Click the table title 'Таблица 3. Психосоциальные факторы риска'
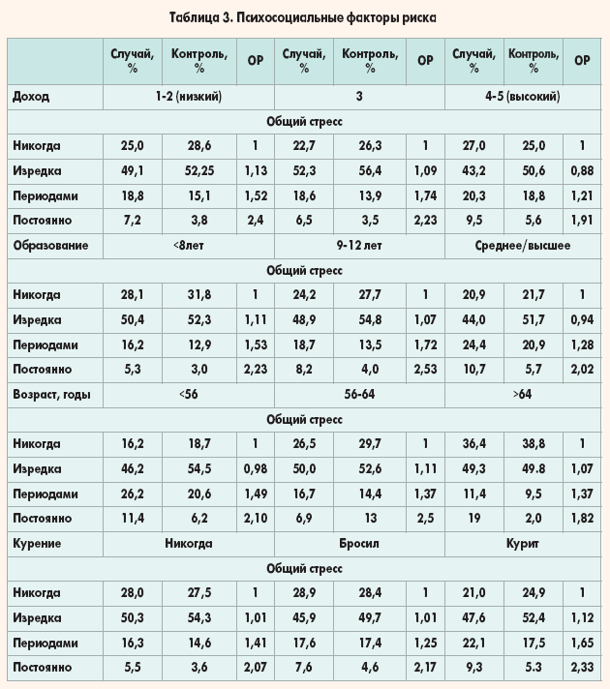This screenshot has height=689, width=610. [304, 18]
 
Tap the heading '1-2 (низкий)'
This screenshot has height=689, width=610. [190, 97]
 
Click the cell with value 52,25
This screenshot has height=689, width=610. [200, 171]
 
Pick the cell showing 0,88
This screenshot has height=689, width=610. [582, 171]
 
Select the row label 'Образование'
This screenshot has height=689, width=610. [50, 246]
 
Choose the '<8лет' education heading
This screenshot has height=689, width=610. [190, 246]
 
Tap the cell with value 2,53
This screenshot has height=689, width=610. [424, 369]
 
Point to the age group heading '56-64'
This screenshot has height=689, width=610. [358, 395]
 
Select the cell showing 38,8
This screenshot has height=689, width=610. [532, 444]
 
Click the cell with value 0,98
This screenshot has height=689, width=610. [257, 469]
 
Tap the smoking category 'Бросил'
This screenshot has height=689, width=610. [358, 544]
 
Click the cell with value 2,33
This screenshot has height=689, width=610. [582, 668]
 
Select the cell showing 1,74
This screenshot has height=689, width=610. [424, 195]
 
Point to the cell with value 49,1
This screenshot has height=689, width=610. [130, 171]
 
